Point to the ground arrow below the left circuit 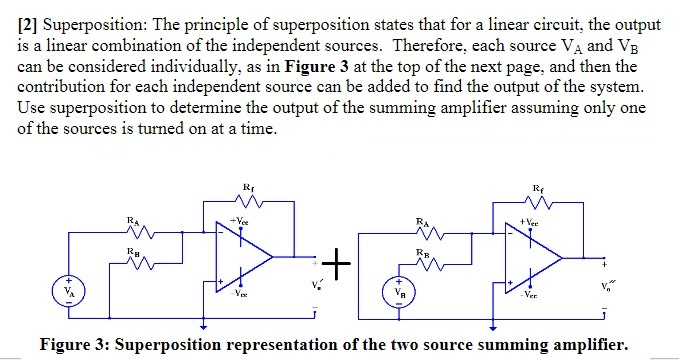click(x=205, y=324)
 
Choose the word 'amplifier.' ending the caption click(x=586, y=345)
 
